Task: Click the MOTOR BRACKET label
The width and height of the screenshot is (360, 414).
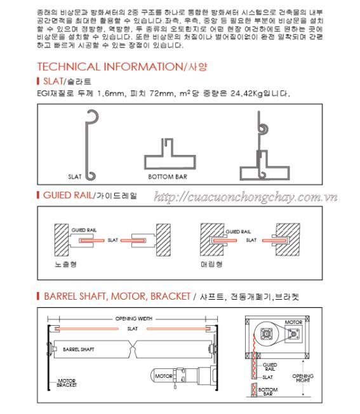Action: pos(67,383)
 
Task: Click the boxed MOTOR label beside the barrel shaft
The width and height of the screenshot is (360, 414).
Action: pos(163,376)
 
